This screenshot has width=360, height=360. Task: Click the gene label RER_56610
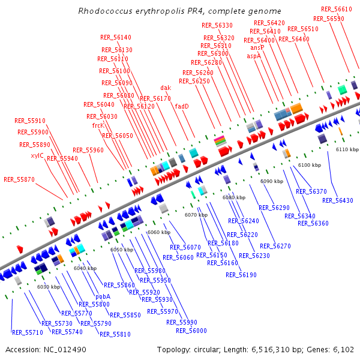click(337, 9)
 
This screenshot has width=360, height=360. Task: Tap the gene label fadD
click(182, 106)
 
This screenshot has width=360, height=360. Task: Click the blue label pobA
click(103, 296)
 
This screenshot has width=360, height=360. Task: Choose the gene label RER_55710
click(28, 332)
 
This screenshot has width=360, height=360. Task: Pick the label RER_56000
click(191, 331)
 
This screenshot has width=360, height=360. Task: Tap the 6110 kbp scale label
click(347, 149)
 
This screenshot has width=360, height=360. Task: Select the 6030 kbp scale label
click(49, 287)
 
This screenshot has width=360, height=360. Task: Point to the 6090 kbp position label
click(271, 181)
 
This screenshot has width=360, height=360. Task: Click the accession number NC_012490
click(65, 349)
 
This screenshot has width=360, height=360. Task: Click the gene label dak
click(166, 88)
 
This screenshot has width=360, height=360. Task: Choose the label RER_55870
click(19, 179)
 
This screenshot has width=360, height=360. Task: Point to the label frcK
click(98, 125)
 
